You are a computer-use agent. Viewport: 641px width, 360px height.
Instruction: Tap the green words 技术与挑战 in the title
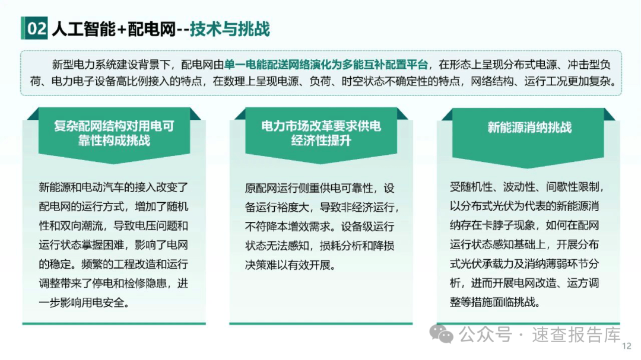(x=230, y=29)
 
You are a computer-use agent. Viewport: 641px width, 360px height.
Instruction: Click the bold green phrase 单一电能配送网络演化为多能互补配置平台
(x=326, y=65)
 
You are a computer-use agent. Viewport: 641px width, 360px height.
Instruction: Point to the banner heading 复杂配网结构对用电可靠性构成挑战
(x=114, y=133)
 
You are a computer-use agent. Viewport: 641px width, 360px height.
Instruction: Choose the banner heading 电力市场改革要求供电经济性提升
(x=321, y=133)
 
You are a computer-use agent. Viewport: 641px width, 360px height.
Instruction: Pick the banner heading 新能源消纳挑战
(x=529, y=128)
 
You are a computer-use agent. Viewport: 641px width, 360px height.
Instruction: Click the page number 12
(x=627, y=346)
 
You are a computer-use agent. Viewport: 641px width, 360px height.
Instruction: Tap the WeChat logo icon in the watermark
(x=441, y=334)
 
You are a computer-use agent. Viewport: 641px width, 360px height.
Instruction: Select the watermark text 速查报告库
(x=576, y=334)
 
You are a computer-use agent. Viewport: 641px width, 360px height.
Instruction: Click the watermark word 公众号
(x=485, y=334)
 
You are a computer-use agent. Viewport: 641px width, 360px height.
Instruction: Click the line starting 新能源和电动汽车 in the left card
(x=113, y=187)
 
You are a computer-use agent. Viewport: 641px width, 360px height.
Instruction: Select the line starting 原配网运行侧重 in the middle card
(x=320, y=188)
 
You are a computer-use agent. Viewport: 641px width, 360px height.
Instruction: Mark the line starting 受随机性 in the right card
(x=527, y=187)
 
